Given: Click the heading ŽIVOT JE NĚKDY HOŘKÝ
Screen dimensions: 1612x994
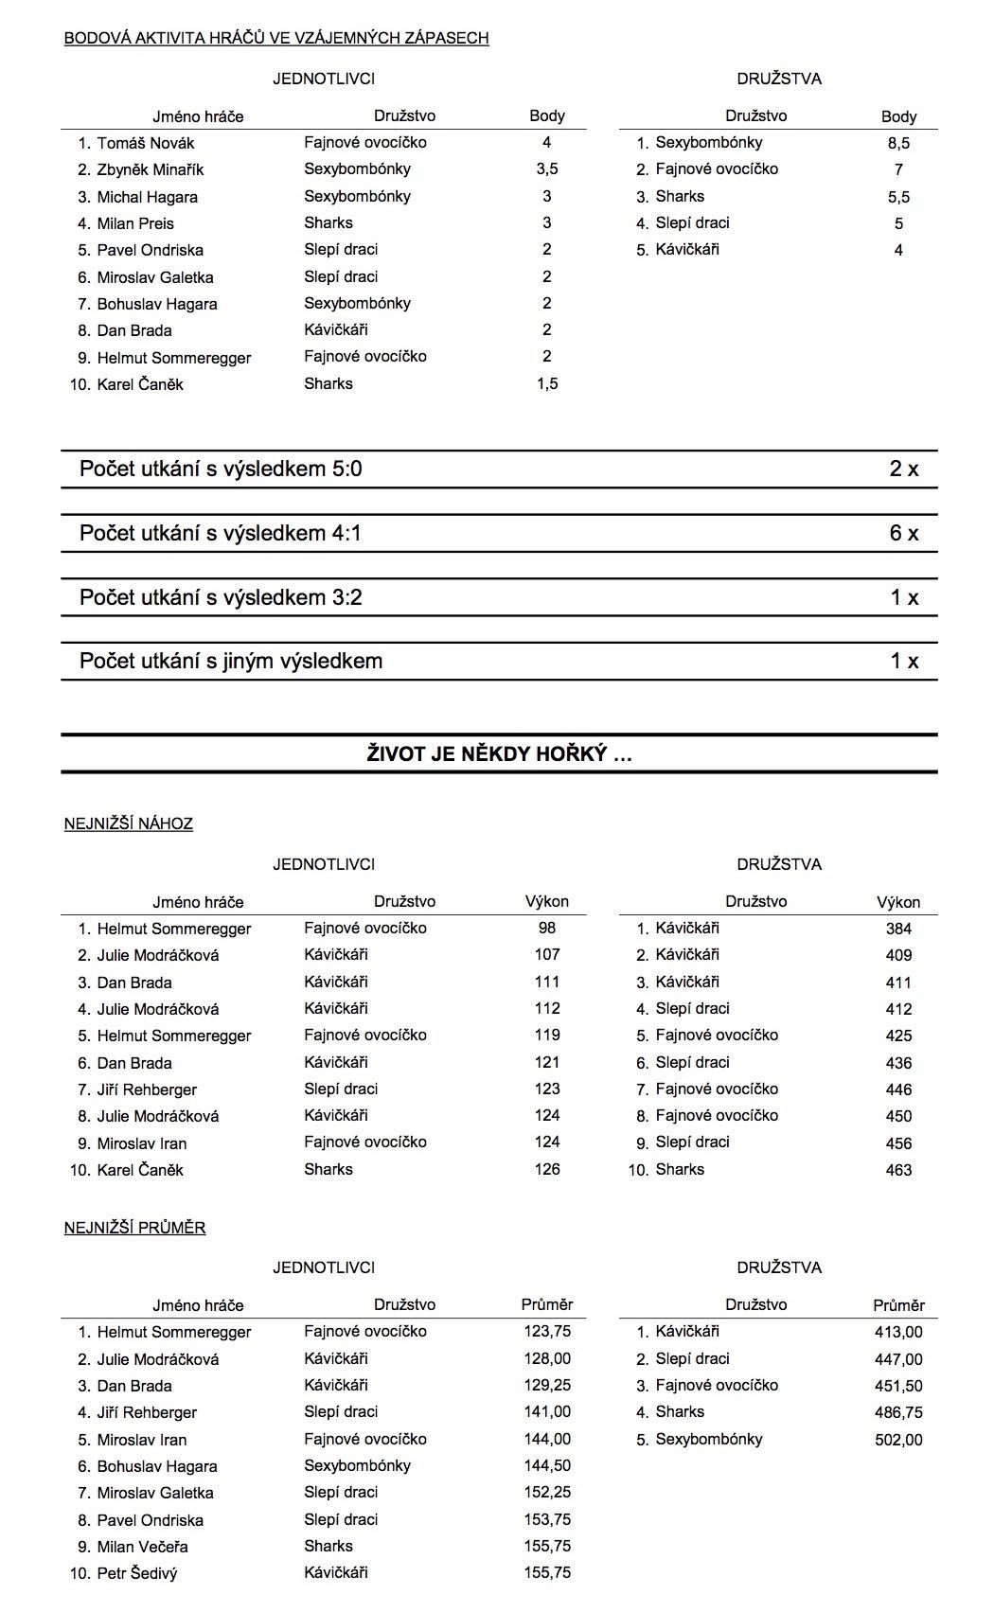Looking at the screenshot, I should point(499,754).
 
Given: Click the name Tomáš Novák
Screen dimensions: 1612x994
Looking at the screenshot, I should point(145,143).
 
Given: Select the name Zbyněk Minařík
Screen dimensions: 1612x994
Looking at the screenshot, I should point(150,169).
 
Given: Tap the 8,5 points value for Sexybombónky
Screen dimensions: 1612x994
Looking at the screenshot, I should point(898,143).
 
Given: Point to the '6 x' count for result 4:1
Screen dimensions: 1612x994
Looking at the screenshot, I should point(903,533).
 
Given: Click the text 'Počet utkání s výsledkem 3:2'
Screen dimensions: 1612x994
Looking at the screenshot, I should point(221,597).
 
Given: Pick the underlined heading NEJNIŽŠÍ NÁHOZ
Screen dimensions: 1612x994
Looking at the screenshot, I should point(129,824).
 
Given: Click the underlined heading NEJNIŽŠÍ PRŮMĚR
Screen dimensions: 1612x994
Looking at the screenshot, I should point(134,1228).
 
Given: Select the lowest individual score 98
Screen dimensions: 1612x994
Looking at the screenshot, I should point(547,928).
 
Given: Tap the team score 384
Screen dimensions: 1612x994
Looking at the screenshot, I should point(898,929).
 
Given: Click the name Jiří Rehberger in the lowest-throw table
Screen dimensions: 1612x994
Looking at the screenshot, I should point(147,1089).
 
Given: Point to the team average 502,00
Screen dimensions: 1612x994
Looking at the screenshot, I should point(898,1440).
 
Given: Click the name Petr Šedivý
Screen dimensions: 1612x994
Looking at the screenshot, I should point(137,1573).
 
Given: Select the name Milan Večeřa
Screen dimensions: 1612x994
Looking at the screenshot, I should point(142,1547).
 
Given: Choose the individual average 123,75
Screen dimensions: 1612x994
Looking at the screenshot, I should point(547,1331).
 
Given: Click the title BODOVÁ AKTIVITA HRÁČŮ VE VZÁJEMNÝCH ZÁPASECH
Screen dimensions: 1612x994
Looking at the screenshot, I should point(276,38).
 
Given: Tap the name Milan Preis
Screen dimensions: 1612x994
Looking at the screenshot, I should point(135,223).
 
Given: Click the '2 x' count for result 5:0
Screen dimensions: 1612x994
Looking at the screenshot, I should point(903,469).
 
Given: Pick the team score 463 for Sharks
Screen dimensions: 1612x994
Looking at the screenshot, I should point(898,1170).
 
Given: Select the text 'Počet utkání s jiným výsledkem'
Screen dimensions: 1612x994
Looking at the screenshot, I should point(231,661).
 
